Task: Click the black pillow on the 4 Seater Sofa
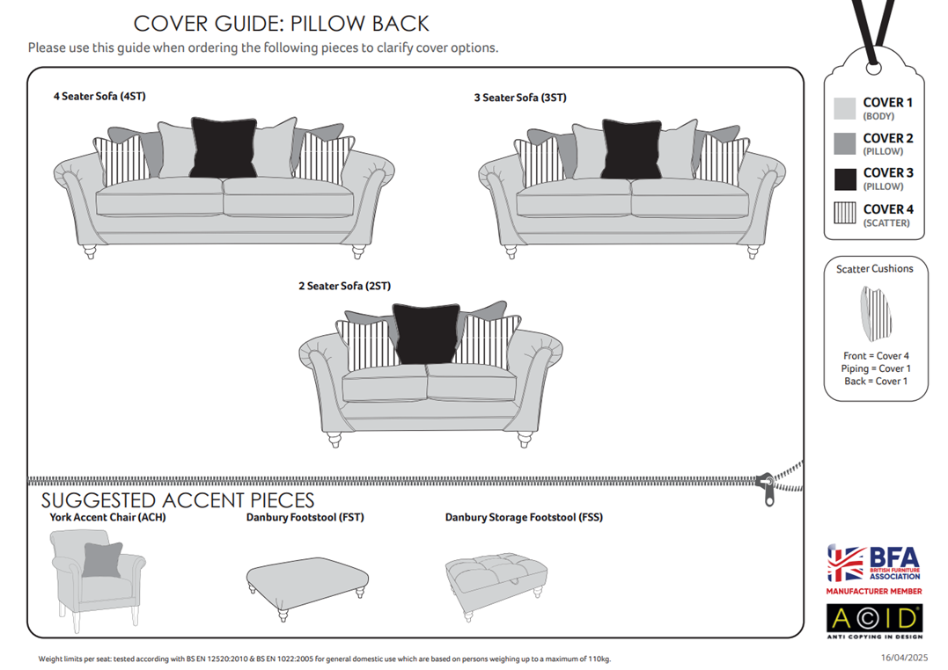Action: [224, 148]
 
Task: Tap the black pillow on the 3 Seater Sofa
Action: [632, 149]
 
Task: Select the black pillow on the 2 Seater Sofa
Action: [426, 334]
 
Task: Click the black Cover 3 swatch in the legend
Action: [845, 179]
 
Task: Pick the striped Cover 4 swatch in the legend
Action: [845, 214]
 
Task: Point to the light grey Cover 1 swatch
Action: [845, 108]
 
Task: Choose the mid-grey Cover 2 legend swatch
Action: [845, 144]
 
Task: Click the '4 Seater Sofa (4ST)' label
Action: [99, 96]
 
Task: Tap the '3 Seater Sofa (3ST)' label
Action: [520, 98]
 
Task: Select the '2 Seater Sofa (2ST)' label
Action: [345, 286]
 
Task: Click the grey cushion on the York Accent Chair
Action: [102, 560]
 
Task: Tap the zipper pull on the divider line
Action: [768, 490]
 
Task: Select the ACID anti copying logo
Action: [875, 621]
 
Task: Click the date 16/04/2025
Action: [904, 658]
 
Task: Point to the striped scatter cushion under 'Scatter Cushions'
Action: [876, 314]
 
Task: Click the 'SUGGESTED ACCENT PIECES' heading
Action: [178, 500]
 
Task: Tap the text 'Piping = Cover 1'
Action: [876, 368]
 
